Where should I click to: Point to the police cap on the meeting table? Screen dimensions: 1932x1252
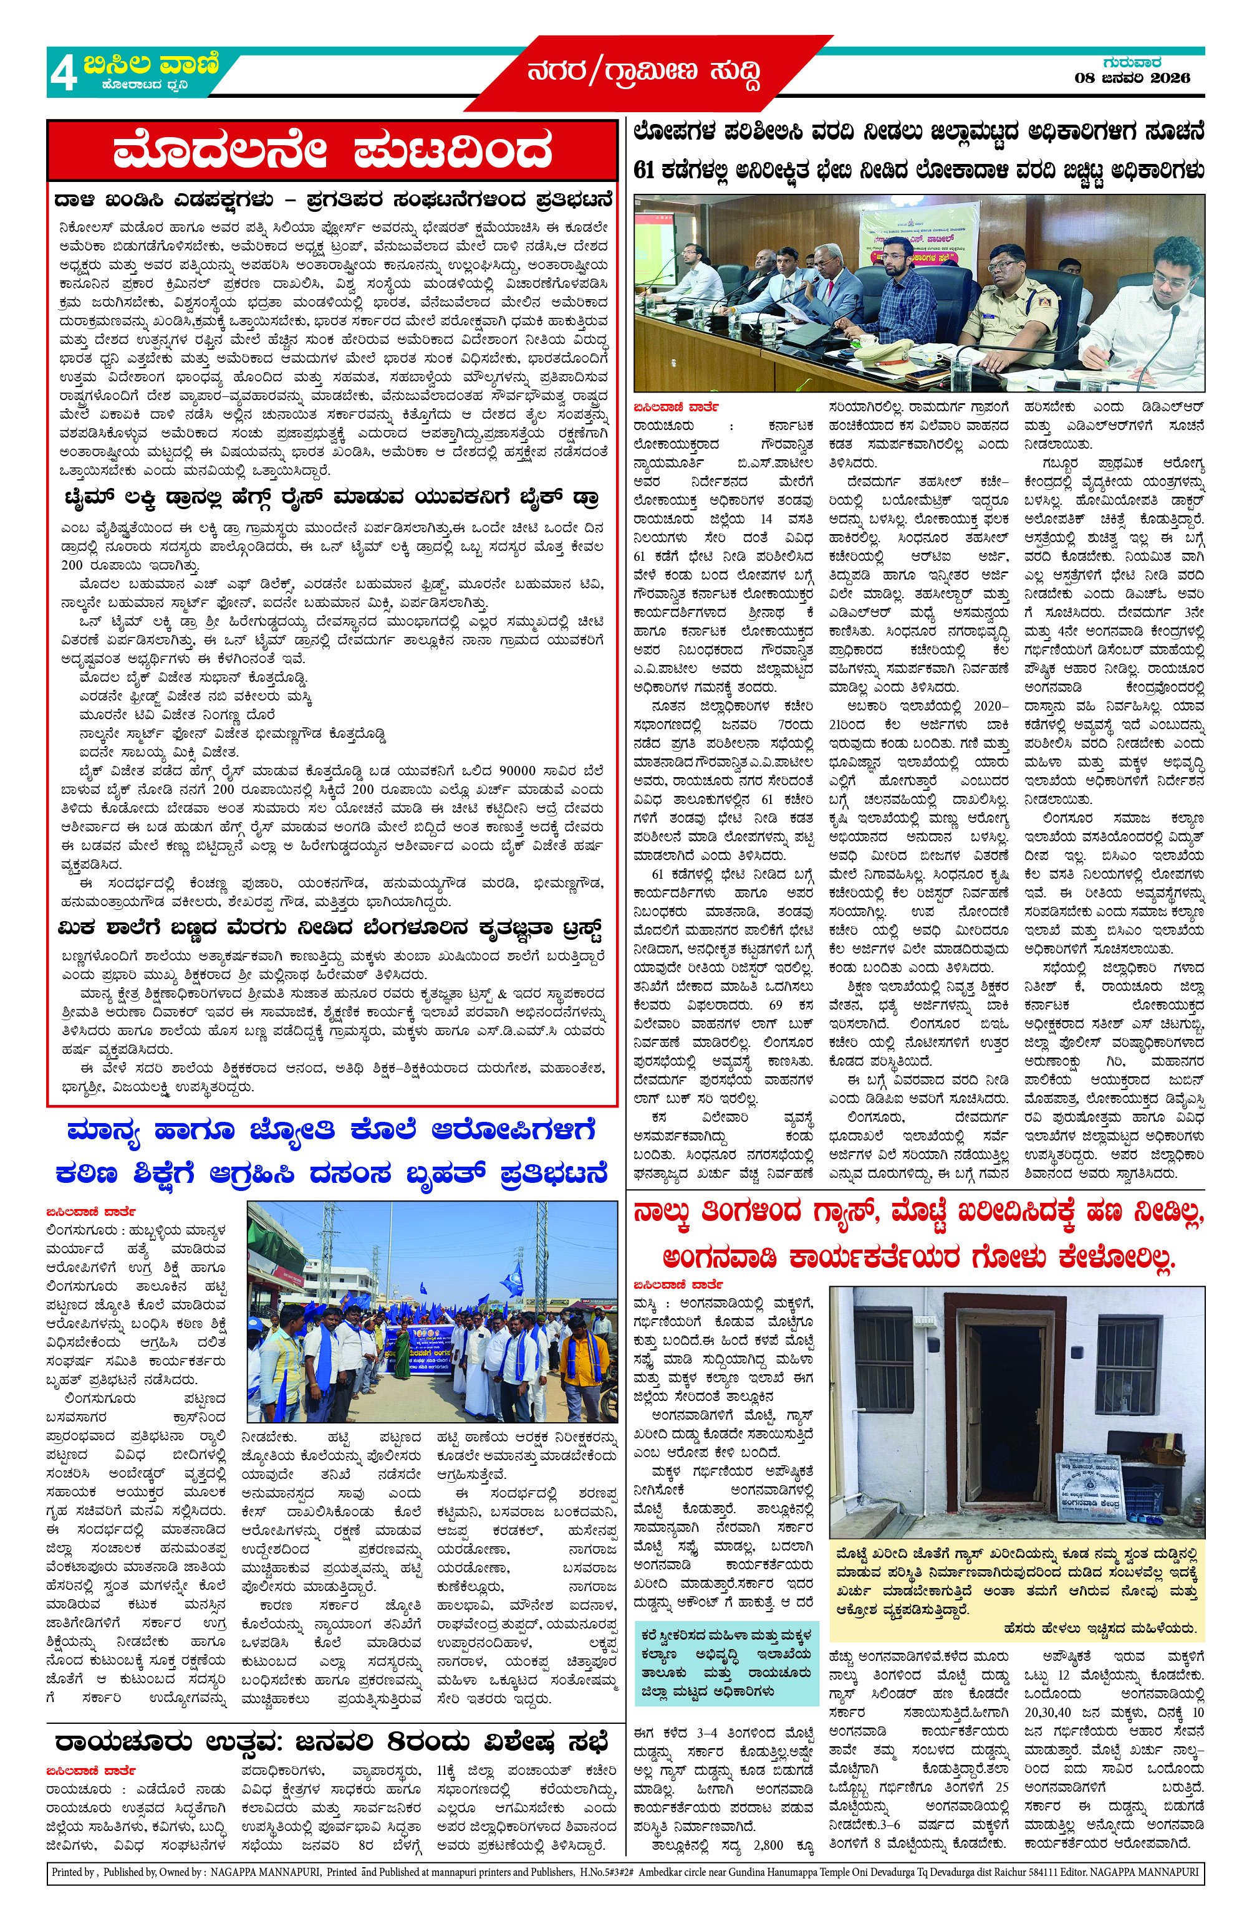[884, 351]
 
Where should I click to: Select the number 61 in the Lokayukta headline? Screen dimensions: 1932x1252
[645, 171]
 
